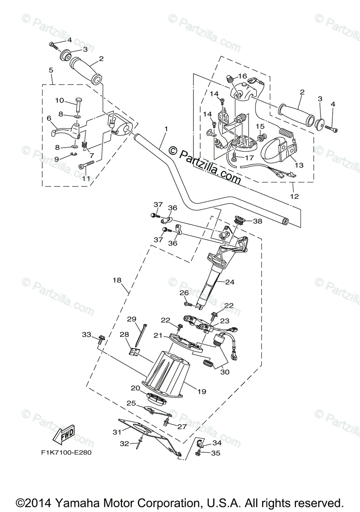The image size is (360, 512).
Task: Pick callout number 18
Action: tap(117, 280)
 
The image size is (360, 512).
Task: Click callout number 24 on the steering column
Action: tap(230, 282)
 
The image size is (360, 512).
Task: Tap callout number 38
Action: tap(258, 221)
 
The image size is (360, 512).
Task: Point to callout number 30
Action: tap(225, 372)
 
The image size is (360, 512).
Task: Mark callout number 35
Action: tap(216, 453)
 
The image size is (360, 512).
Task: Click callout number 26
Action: tap(184, 293)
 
